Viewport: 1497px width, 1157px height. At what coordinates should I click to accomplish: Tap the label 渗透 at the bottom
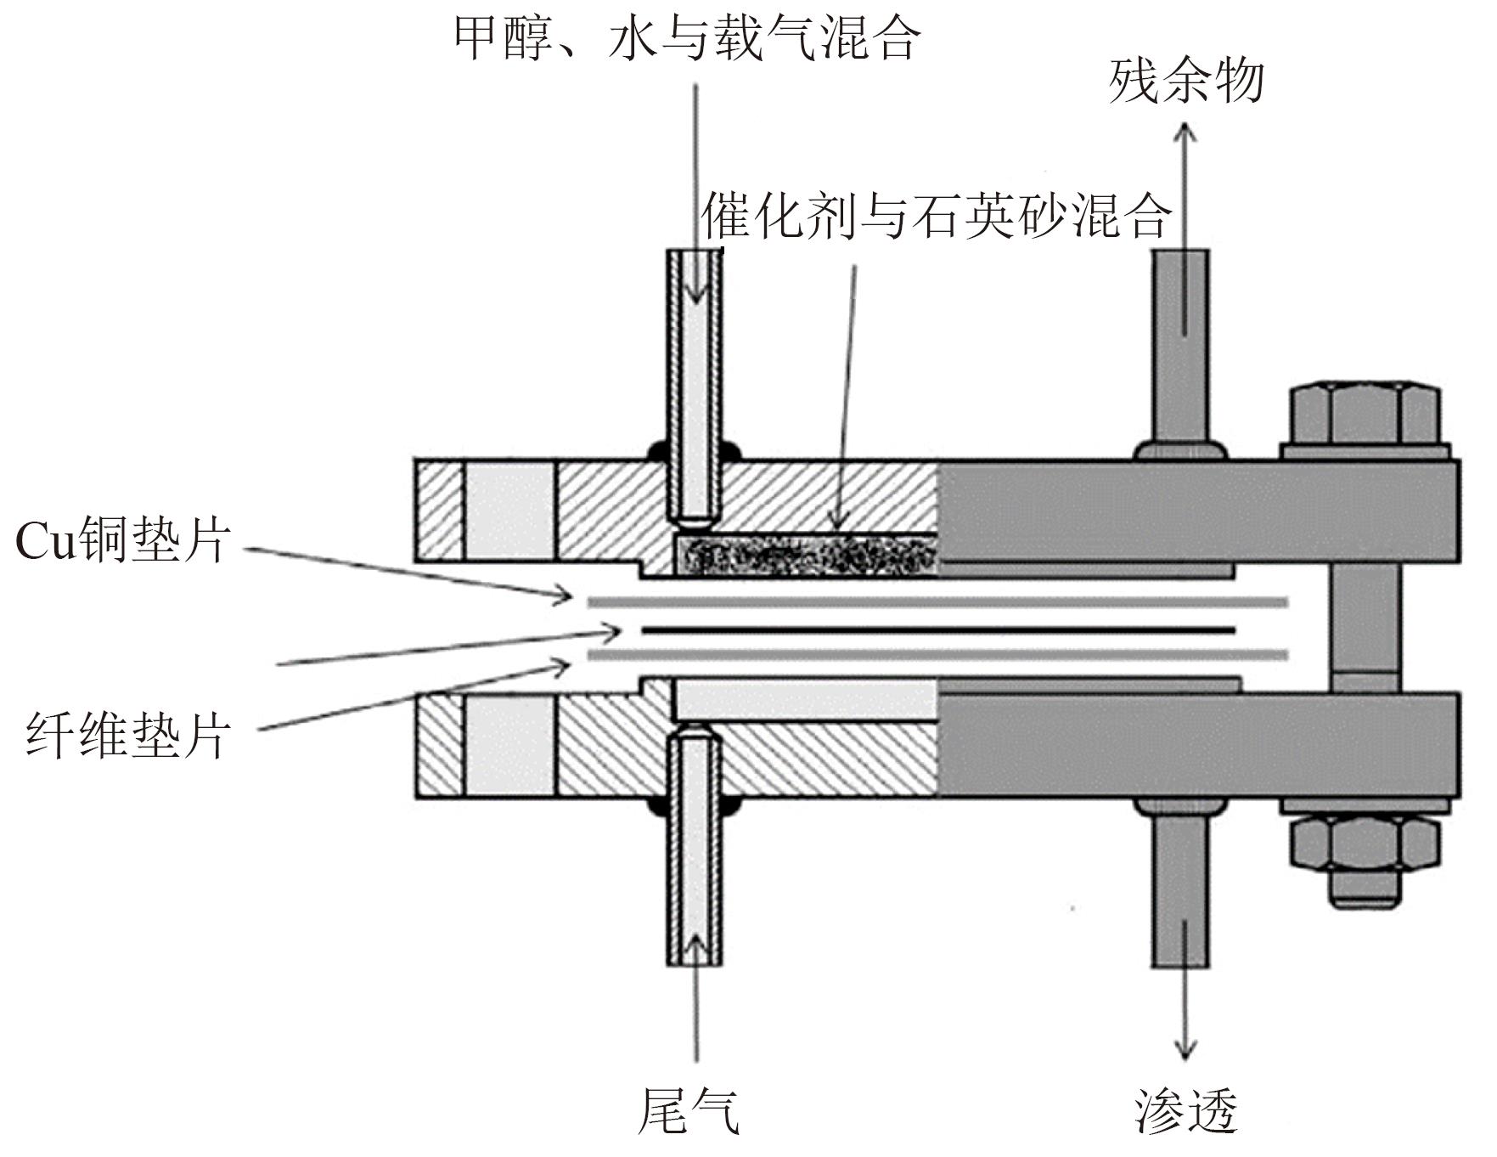click(x=1185, y=1111)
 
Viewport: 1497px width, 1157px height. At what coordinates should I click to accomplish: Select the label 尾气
click(x=689, y=1111)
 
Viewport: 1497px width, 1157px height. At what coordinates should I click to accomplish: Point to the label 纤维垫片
click(x=127, y=736)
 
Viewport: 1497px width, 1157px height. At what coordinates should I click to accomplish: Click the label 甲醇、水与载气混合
click(x=686, y=38)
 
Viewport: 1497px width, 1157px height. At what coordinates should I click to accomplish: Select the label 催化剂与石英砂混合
click(x=936, y=216)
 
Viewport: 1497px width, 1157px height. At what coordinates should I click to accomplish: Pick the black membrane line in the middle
click(x=938, y=630)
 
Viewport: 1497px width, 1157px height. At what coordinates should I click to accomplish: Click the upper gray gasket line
click(x=938, y=602)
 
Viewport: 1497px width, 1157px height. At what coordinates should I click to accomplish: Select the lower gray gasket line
click(x=938, y=656)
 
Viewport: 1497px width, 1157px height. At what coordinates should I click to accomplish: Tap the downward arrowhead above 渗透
click(x=1185, y=1051)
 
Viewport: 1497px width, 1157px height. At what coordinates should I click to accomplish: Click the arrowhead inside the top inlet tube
click(x=695, y=293)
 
